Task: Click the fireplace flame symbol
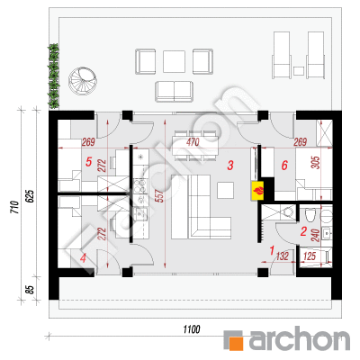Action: tap(258, 191)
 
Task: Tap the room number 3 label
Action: tap(230, 166)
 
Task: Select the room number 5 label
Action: tap(88, 162)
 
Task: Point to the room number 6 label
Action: tap(284, 166)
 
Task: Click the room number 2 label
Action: tap(303, 231)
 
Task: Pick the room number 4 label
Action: tap(83, 258)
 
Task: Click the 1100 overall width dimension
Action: tap(192, 329)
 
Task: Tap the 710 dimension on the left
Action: tap(15, 207)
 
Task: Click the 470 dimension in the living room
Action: tap(193, 142)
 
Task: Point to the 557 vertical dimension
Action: tap(160, 196)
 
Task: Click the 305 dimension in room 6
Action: tap(317, 162)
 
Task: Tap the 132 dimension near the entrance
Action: tap(283, 256)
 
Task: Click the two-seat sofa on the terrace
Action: tap(174, 92)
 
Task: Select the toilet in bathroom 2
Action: tap(310, 215)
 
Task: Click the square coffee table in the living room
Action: tap(226, 190)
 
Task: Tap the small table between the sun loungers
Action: tap(299, 71)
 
